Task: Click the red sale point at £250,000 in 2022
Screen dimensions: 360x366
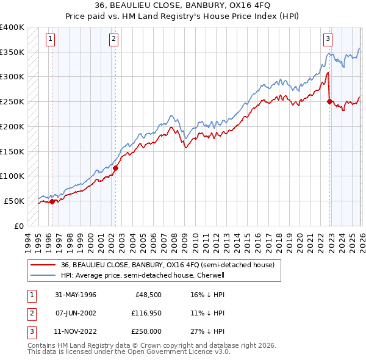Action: (330, 102)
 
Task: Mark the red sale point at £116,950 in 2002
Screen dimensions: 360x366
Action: (115, 167)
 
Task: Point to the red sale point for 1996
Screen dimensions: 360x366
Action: (52, 201)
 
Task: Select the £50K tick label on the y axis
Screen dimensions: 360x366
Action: (15, 201)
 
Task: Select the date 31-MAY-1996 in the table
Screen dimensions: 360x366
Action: (75, 294)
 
